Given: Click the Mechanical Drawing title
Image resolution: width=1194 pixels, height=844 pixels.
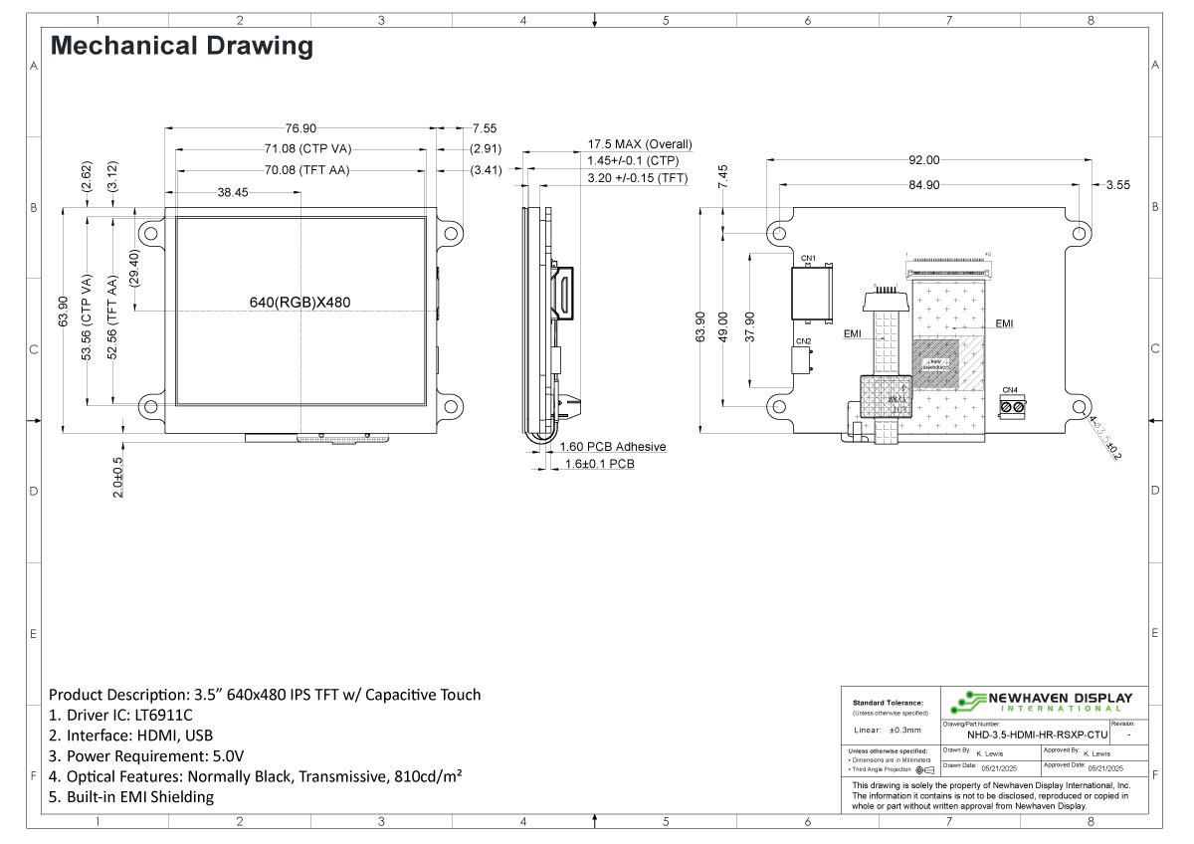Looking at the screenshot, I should click(x=181, y=46).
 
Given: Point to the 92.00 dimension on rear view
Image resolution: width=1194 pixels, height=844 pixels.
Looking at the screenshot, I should click(x=922, y=159).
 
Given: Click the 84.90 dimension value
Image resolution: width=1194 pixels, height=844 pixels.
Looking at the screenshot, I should click(x=922, y=184).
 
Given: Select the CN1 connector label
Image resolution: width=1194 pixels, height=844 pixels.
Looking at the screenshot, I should click(x=808, y=259).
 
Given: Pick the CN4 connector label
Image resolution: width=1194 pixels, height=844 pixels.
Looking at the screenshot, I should click(x=1009, y=389).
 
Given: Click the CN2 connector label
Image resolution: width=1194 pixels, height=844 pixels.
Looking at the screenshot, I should click(x=803, y=340).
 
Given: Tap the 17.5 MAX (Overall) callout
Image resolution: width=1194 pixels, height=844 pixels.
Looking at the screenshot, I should click(x=639, y=144).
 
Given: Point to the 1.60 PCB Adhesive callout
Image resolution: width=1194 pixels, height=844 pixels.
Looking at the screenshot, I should click(x=612, y=447).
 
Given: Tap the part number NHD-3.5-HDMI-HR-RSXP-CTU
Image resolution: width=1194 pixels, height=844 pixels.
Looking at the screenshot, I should click(x=1037, y=735).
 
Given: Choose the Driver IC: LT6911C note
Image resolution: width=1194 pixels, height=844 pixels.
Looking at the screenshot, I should click(x=120, y=715).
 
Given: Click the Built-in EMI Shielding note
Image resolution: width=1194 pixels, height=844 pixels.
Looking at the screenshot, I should click(x=130, y=797).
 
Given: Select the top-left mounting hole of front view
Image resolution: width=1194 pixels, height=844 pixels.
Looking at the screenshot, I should click(x=150, y=233).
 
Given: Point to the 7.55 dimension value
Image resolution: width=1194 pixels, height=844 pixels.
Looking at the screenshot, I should click(x=485, y=127).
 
